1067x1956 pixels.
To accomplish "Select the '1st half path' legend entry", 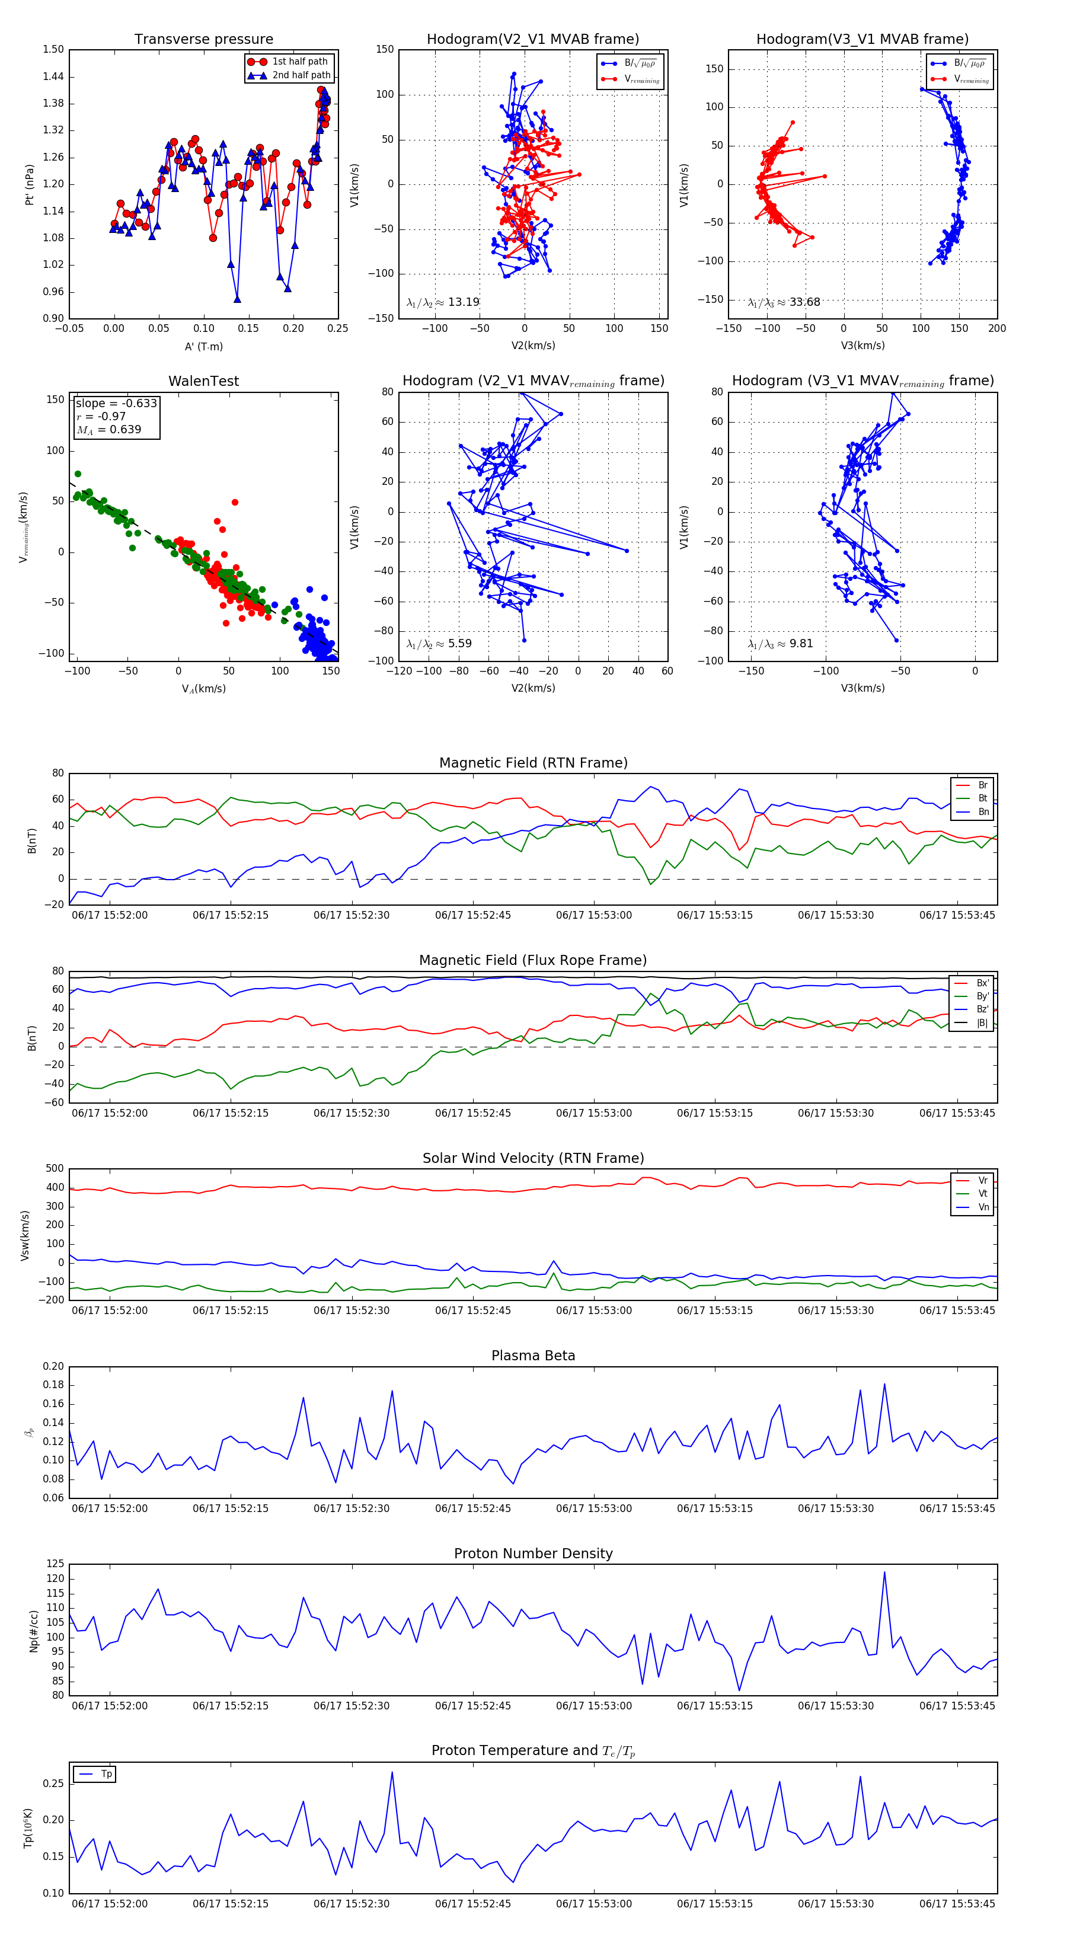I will [299, 62].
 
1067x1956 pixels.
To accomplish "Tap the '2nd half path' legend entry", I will [301, 75].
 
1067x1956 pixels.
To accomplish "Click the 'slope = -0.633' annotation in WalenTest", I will [116, 403].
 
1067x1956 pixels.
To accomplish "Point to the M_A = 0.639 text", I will [108, 430].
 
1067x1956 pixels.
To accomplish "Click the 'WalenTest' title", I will [203, 381].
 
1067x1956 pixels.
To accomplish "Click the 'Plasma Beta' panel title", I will [533, 1356].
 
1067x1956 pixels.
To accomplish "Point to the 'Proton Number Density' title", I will [533, 1554].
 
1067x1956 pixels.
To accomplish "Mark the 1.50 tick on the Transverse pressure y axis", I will [53, 49].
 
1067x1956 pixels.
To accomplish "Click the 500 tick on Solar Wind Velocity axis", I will [55, 1169].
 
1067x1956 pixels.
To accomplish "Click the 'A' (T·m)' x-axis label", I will [203, 347].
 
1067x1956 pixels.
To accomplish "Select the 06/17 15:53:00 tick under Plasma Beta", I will [594, 1508].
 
